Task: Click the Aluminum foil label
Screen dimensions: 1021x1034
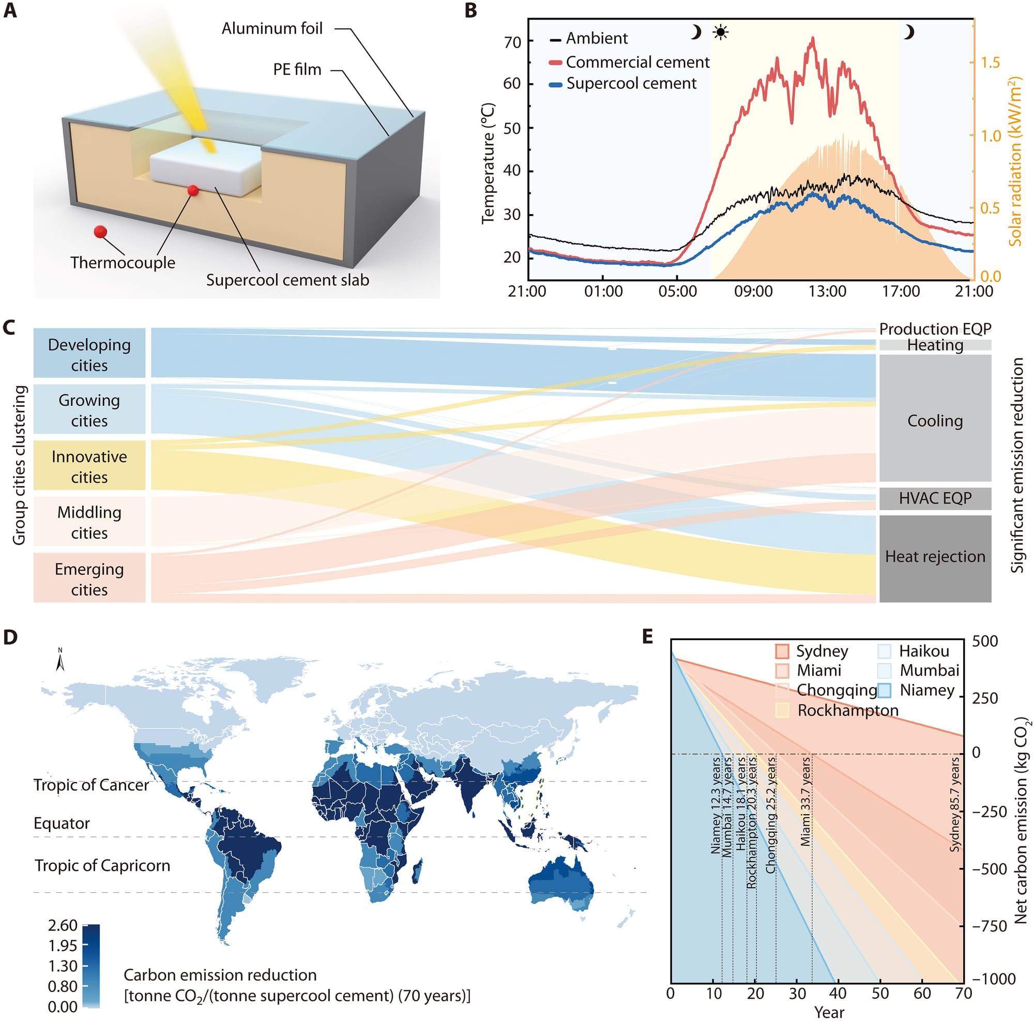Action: coord(272,28)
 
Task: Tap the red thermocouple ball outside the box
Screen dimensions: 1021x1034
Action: coord(100,232)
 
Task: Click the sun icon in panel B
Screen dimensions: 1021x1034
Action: coord(720,33)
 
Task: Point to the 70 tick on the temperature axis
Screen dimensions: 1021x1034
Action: coord(512,42)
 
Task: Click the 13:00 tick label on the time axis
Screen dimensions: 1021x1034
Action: coord(827,292)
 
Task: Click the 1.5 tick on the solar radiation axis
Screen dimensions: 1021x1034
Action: coord(990,63)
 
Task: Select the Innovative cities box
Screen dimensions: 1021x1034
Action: coord(89,466)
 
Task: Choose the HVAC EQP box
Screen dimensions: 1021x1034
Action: coord(934,498)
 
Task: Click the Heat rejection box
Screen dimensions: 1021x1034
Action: coord(934,557)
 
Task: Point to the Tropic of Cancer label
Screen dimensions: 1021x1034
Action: coord(91,785)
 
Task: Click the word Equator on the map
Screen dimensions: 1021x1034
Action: coord(62,823)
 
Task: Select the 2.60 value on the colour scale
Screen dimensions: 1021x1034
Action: coord(63,925)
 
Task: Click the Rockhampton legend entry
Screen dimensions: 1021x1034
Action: coord(847,710)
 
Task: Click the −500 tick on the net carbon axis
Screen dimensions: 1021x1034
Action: coord(985,868)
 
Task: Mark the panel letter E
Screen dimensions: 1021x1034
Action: coord(648,637)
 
